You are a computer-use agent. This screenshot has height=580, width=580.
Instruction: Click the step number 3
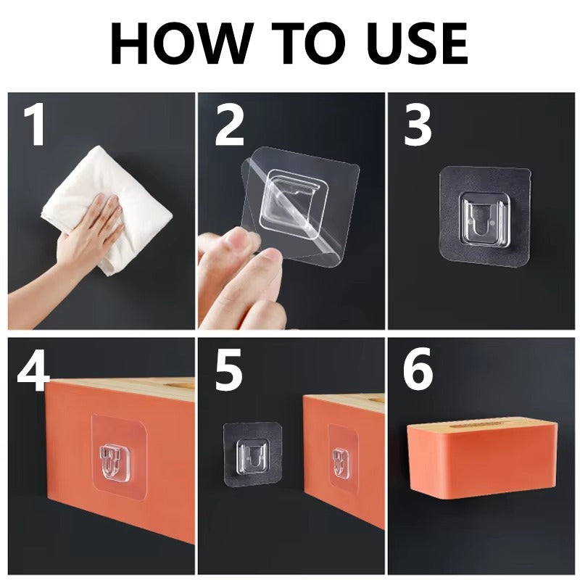point(418,126)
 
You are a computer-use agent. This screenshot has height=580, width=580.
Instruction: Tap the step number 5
point(228,370)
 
